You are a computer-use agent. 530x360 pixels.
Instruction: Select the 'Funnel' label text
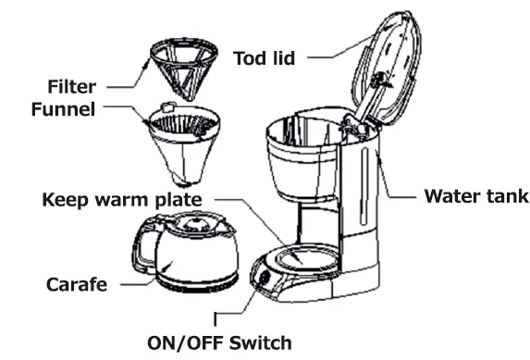[66, 109]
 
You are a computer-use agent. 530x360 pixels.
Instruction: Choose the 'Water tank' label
[475, 197]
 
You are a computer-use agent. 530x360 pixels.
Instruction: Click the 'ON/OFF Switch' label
[219, 343]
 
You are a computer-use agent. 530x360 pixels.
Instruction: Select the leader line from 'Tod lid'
[331, 57]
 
